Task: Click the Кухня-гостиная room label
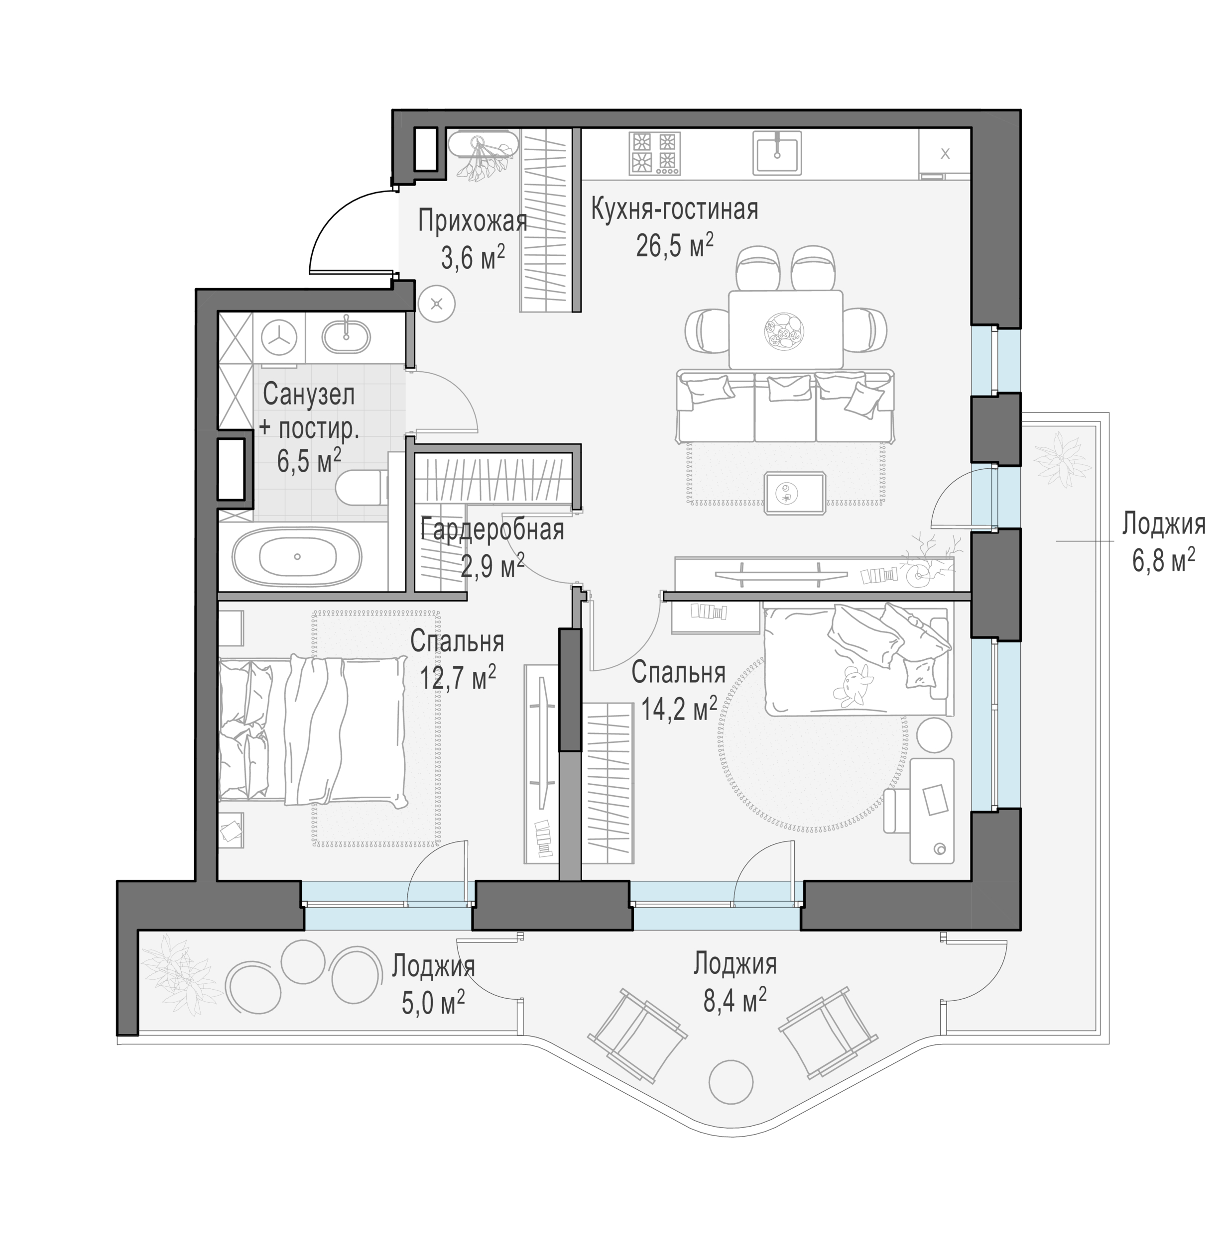[674, 210]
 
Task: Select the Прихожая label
[473, 221]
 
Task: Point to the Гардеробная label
[492, 530]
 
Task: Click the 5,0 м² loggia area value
[434, 1003]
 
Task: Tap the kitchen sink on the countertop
[777, 153]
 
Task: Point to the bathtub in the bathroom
[297, 556]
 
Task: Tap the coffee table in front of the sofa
[795, 493]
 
